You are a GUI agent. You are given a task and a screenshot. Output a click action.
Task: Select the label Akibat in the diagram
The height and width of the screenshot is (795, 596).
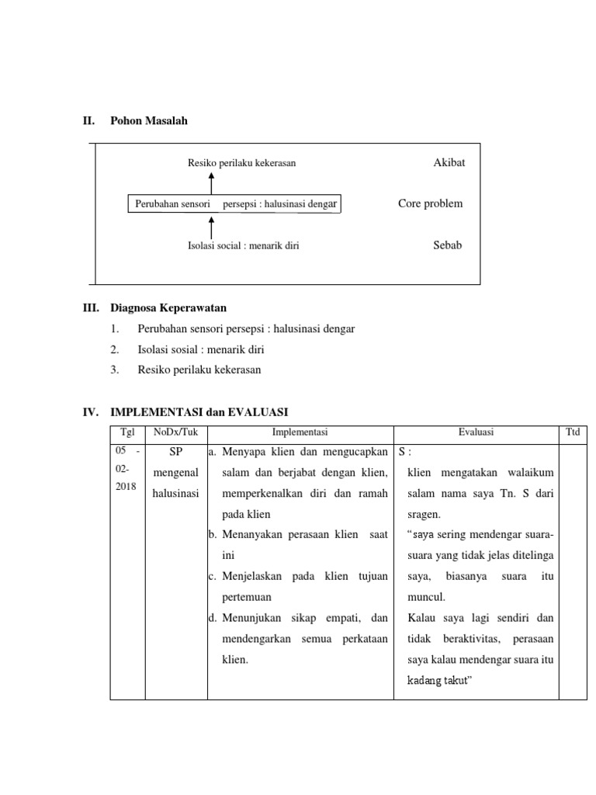pos(449,163)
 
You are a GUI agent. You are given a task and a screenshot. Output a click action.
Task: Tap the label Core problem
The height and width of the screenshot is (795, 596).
pos(430,203)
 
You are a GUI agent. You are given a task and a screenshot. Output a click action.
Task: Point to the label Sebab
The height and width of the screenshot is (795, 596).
pos(448,245)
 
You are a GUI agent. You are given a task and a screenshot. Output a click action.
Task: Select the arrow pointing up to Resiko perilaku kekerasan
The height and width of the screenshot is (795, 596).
pos(212,183)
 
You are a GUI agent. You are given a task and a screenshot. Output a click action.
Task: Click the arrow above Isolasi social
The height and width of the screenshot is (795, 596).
pos(212,227)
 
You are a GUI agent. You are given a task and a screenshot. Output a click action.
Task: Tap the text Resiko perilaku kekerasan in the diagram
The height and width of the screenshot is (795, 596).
pos(241,163)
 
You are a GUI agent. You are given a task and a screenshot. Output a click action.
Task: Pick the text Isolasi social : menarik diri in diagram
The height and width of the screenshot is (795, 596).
pos(243,245)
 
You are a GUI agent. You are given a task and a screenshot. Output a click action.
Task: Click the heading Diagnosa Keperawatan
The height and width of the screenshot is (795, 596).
pos(168,308)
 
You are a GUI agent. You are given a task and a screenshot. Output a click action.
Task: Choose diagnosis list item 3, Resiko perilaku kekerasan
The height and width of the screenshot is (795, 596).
pos(199,370)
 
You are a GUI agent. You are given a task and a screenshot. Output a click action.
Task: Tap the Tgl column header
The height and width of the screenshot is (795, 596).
pos(127,432)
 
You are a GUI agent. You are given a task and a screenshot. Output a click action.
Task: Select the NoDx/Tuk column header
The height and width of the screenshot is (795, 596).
pos(175,432)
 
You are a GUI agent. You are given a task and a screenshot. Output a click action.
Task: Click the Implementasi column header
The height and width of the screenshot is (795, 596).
pos(300,432)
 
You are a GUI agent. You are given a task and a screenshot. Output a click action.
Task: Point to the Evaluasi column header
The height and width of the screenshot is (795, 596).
pos(476,432)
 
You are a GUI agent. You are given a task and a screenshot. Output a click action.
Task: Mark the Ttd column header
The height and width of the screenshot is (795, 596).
pos(573,432)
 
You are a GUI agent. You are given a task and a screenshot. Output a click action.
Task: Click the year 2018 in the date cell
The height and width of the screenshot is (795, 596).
pos(125,486)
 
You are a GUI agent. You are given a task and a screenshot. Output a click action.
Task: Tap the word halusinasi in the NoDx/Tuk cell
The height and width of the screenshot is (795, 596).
pos(176,492)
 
